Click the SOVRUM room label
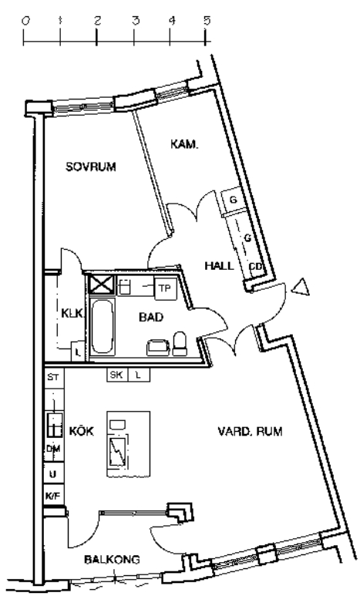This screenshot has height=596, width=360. point(91,167)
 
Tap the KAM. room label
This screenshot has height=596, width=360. point(184,144)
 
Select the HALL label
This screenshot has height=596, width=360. point(220,266)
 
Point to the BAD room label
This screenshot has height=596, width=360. point(151,317)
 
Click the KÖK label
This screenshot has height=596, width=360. point(82,432)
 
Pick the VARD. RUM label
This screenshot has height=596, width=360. point(250,432)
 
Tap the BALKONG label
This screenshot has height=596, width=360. point(112,559)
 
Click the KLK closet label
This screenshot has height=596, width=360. point(72,313)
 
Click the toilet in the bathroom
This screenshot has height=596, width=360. point(180,343)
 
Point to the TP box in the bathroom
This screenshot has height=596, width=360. point(165,288)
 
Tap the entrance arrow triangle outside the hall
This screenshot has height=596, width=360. point(301,287)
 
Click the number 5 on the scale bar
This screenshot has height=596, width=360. point(207,21)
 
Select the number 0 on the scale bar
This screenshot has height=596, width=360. point(25,21)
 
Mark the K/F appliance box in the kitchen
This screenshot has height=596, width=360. point(53,495)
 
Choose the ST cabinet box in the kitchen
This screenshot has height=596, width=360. point(53,377)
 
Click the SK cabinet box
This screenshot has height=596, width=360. point(116,375)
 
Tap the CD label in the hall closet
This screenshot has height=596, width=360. point(255,267)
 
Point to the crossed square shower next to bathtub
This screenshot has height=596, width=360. point(102,285)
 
